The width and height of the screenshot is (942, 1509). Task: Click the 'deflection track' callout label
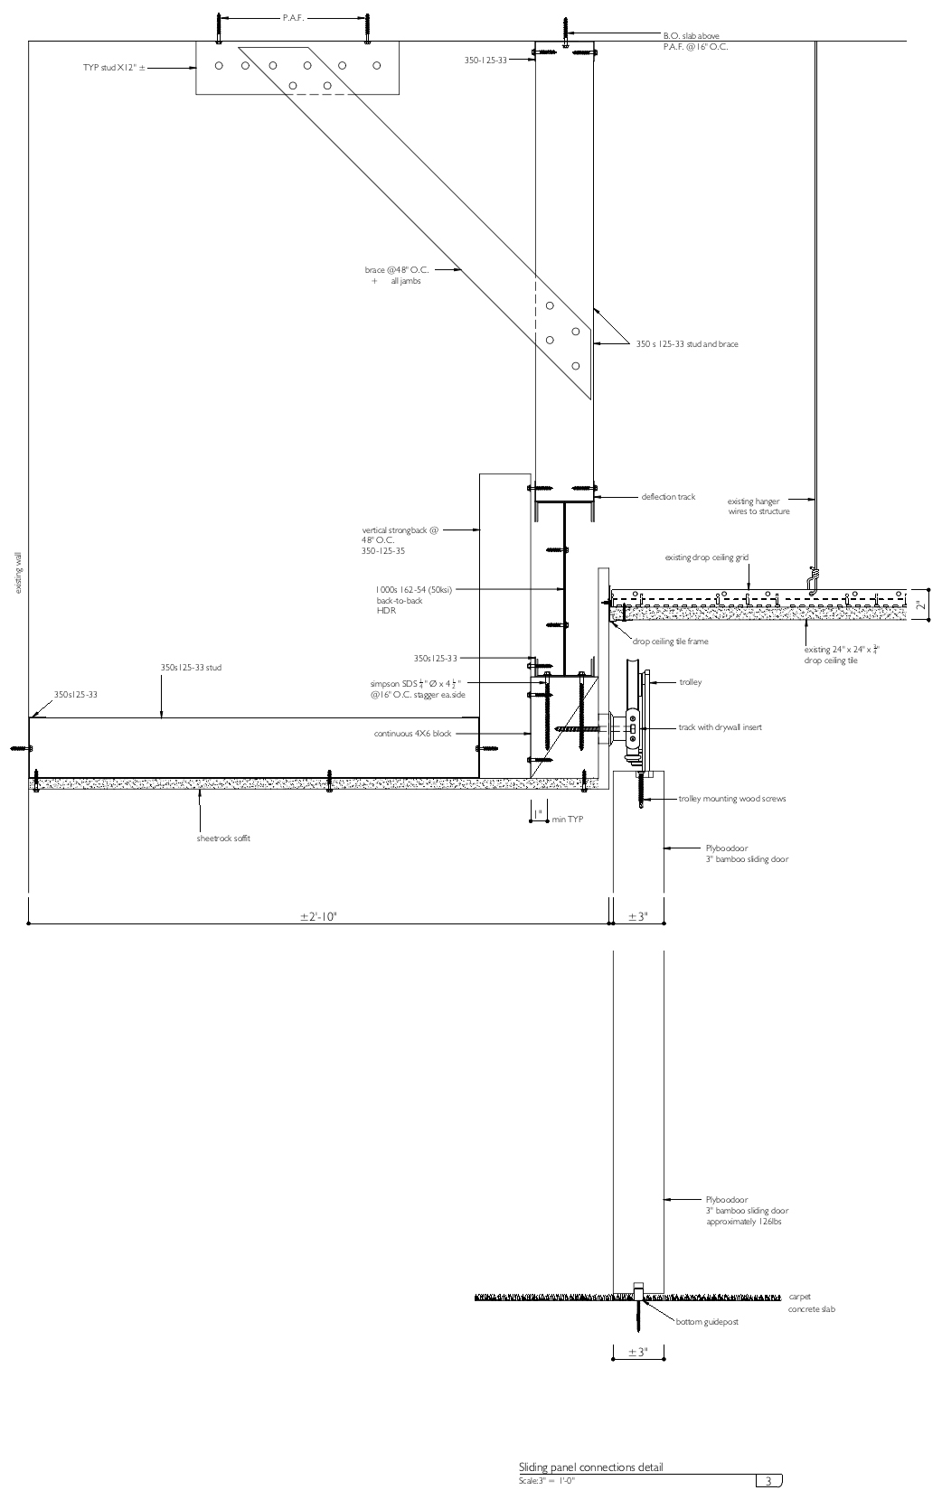668,497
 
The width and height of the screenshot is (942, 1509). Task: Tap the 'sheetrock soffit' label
223,839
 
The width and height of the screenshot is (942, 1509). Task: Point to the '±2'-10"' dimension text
318,917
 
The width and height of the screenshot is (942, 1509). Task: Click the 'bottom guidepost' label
707,1322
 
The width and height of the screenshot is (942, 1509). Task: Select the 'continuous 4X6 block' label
412,734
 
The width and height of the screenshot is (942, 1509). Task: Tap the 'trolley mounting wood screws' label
731,799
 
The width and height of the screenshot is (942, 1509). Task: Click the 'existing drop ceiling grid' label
706,558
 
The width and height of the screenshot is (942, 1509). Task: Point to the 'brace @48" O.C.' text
396,270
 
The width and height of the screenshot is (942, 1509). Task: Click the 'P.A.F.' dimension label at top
293,18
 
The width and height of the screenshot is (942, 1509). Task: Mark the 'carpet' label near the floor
800,1297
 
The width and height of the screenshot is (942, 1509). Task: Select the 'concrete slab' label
811,1309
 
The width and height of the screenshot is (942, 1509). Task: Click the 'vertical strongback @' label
400,530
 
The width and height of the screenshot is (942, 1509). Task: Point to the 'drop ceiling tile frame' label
670,642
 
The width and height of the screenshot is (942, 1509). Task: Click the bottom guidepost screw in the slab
638,1315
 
